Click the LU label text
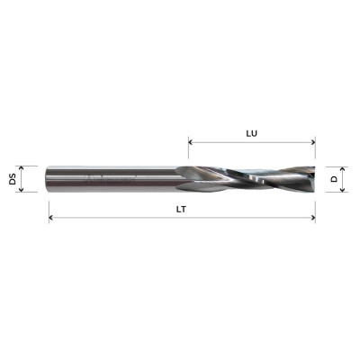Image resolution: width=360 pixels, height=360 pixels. pos(253,132)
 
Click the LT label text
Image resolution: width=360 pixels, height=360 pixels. pos(182,208)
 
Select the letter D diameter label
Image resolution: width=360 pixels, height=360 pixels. pos(335,179)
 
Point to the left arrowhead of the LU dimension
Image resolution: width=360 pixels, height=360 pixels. pos(191,141)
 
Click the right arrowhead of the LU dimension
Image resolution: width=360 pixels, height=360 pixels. pos(314,141)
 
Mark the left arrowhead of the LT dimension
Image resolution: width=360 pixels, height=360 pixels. pos(50,217)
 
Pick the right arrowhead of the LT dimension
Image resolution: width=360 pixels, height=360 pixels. pos(314,217)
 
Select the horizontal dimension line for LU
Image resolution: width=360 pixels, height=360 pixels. pos(253,141)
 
